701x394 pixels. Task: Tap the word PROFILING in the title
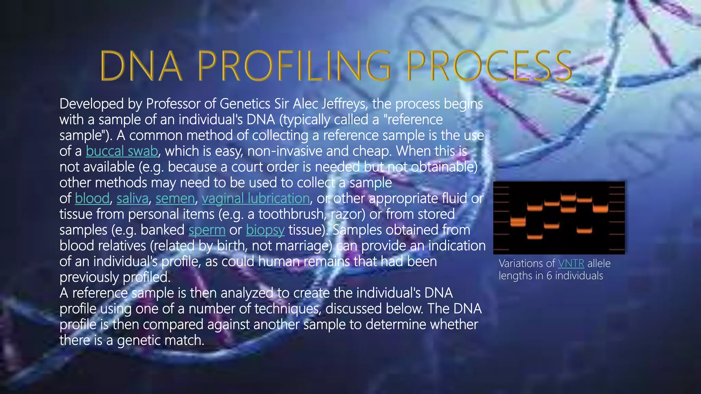pyautogui.click(x=294, y=66)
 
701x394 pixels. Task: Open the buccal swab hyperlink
pyautogui.click(x=122, y=151)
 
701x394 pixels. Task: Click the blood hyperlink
pyautogui.click(x=92, y=198)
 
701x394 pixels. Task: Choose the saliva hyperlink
pyautogui.click(x=132, y=198)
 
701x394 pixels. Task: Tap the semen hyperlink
pyautogui.click(x=175, y=198)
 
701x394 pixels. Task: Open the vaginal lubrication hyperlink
pyautogui.click(x=256, y=198)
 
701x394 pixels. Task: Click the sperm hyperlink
pyautogui.click(x=207, y=230)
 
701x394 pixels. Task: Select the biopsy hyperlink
pyautogui.click(x=265, y=230)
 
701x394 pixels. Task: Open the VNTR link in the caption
pyautogui.click(x=571, y=263)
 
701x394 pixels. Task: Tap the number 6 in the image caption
pyautogui.click(x=549, y=276)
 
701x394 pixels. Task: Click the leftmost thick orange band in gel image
pyautogui.click(x=518, y=222)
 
